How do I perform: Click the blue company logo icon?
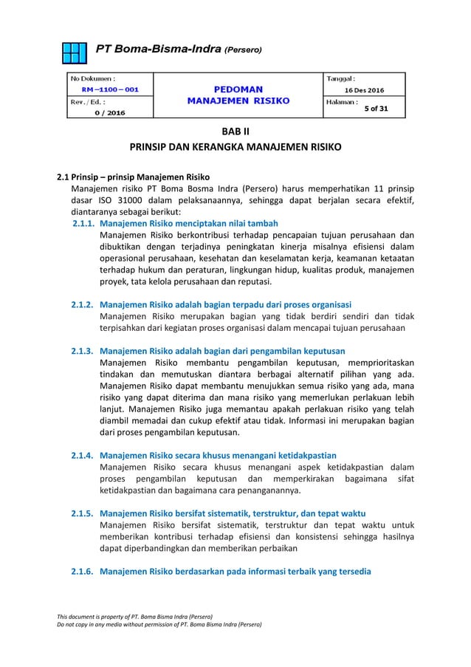click(75, 51)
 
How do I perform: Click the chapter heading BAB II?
click(235, 132)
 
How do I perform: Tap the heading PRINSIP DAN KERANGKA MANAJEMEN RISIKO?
click(235, 148)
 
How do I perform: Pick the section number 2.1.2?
click(82, 304)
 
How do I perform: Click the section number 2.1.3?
click(82, 350)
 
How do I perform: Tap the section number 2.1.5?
click(82, 513)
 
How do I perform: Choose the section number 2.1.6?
click(82, 571)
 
